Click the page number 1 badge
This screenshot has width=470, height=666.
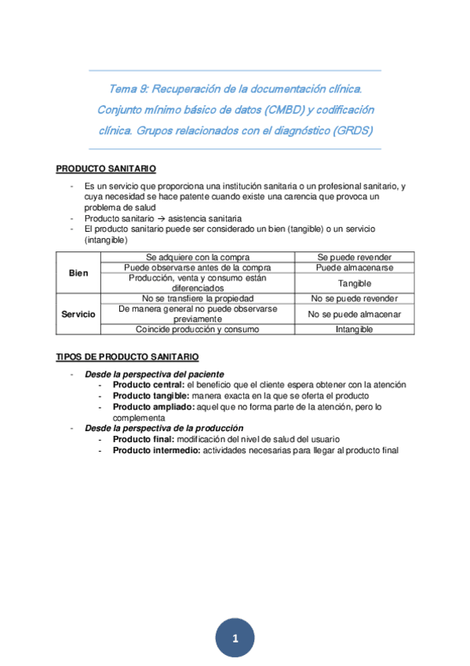pyautogui.click(x=235, y=639)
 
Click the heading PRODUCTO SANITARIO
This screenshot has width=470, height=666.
pyautogui.click(x=106, y=169)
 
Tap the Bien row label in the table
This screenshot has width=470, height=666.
pyautogui.click(x=78, y=273)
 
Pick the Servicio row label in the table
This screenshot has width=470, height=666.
pyautogui.click(x=78, y=314)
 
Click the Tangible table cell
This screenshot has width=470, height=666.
pyautogui.click(x=354, y=283)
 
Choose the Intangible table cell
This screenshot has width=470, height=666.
pyautogui.click(x=354, y=330)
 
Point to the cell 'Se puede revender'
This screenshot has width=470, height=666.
pyautogui.click(x=354, y=257)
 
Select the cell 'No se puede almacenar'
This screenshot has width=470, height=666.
pyautogui.click(x=354, y=314)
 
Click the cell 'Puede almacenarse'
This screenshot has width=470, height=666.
pyautogui.click(x=354, y=267)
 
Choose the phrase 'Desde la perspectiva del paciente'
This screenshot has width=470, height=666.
pyautogui.click(x=154, y=374)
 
